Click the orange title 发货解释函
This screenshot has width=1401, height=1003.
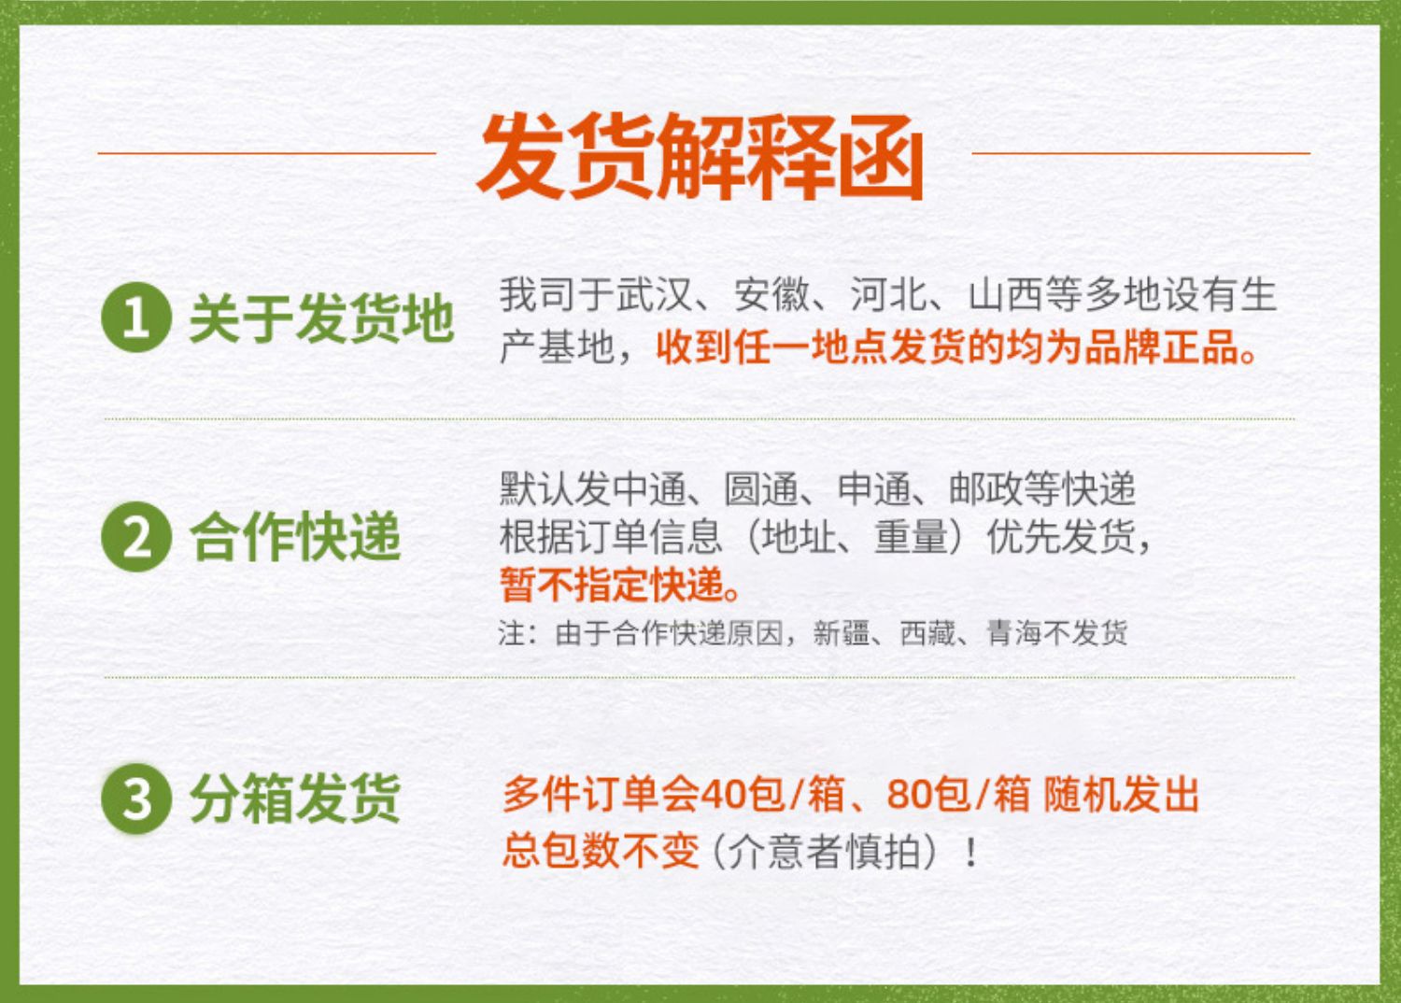pyautogui.click(x=700, y=156)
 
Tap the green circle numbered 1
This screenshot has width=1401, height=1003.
pyautogui.click(x=136, y=317)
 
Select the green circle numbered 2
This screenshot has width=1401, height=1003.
pyautogui.click(x=136, y=536)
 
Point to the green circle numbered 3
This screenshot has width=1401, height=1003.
pyautogui.click(x=136, y=798)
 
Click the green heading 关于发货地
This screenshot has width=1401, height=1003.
pyautogui.click(x=321, y=318)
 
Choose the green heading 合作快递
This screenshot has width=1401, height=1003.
pyautogui.click(x=295, y=537)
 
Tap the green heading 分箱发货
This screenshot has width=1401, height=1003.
pyautogui.click(x=295, y=798)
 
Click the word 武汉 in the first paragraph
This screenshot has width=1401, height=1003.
pyautogui.click(x=655, y=294)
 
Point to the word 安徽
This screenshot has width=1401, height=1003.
pyautogui.click(x=771, y=294)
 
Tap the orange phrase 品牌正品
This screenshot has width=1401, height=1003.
pyautogui.click(x=1162, y=347)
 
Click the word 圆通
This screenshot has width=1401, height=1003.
pyautogui.click(x=761, y=488)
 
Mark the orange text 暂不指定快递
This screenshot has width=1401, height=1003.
pyautogui.click(x=612, y=586)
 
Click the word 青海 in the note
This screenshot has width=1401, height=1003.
pyautogui.click(x=1013, y=633)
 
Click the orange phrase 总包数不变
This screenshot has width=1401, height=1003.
pyautogui.click(x=601, y=851)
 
